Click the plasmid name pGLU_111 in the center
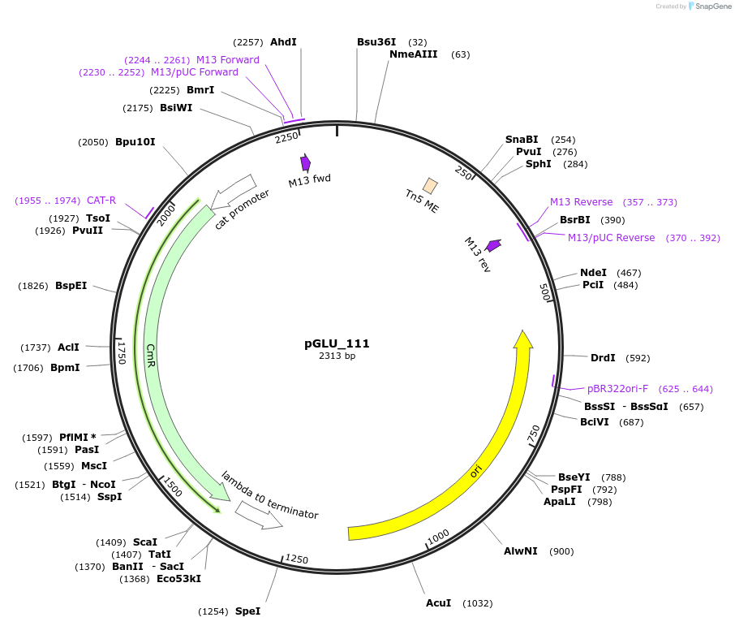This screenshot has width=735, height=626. pos(337,343)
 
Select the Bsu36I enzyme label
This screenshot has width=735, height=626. pos(376,42)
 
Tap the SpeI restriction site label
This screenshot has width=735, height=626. pos(247,611)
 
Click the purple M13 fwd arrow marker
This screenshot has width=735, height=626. pos(306,162)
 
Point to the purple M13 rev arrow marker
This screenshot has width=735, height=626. pos(493,245)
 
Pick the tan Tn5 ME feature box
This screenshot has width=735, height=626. pos(430,187)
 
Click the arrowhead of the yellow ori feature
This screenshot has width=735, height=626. pos(523,339)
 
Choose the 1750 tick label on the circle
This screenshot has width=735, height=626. pos(122,352)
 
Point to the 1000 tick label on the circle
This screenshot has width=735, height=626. pos(438,536)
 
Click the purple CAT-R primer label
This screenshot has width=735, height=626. pos(101,201)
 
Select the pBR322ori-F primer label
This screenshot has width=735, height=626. pos(617,389)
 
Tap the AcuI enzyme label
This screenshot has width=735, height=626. pos(438,603)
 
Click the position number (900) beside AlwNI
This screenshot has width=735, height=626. pos(561,551)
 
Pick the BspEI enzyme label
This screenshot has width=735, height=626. pos(71,286)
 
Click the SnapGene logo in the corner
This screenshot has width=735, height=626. pos(707,6)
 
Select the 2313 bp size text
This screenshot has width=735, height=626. pos(337,356)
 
